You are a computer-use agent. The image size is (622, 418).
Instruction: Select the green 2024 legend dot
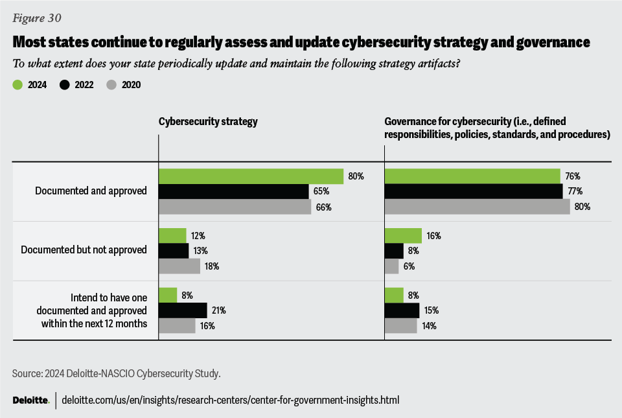click(17, 84)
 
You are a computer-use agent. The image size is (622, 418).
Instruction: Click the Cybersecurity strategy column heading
click(208, 121)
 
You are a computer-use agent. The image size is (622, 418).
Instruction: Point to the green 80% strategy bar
click(251, 176)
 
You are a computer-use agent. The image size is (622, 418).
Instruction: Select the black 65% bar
click(233, 192)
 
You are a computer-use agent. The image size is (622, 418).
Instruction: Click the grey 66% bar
click(235, 207)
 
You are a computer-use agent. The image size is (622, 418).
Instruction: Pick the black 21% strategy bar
click(183, 310)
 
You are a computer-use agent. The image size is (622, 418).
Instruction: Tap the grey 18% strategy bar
click(179, 266)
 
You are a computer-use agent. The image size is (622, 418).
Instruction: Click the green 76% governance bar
click(472, 176)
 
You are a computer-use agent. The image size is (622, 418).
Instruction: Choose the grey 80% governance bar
click(478, 207)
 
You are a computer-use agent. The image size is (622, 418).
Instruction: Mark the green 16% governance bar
click(403, 236)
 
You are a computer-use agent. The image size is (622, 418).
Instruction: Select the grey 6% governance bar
click(392, 266)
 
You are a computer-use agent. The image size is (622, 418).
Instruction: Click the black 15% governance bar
click(402, 310)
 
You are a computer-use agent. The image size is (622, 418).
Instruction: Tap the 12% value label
click(199, 236)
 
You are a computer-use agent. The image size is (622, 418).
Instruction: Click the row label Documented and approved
click(91, 191)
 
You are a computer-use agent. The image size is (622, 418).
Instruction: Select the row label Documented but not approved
click(84, 250)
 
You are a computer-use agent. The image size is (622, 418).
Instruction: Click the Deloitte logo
click(30, 400)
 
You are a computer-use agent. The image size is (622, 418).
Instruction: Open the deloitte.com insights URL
click(231, 400)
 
